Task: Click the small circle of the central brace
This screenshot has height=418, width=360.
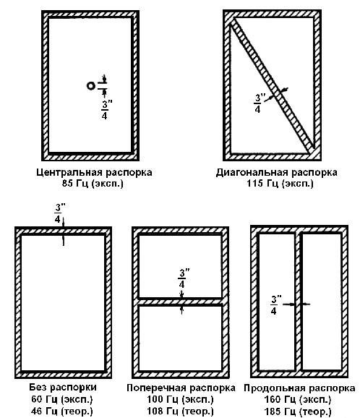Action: click(90, 86)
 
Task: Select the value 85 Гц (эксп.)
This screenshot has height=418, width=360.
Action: click(93, 184)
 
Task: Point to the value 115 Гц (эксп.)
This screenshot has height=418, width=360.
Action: click(280, 184)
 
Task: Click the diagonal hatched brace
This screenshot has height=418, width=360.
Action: click(273, 86)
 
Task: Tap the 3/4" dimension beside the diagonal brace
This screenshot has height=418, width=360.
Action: click(257, 103)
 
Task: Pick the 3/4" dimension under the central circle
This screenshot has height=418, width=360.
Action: click(105, 110)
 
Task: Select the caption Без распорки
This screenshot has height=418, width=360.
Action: click(63, 387)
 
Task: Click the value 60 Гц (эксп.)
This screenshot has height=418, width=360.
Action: click(62, 399)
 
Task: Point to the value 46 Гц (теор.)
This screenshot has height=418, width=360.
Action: click(62, 411)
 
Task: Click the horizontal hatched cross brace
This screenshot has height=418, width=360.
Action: click(180, 302)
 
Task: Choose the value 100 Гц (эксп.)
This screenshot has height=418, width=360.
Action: click(181, 399)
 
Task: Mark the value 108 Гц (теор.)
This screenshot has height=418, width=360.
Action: click(181, 411)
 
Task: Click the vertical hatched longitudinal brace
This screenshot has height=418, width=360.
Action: click(299, 302)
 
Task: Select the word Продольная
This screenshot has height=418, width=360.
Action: click(273, 388)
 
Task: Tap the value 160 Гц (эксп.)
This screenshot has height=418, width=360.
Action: click(298, 399)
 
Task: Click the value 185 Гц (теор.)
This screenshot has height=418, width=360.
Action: click(298, 411)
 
